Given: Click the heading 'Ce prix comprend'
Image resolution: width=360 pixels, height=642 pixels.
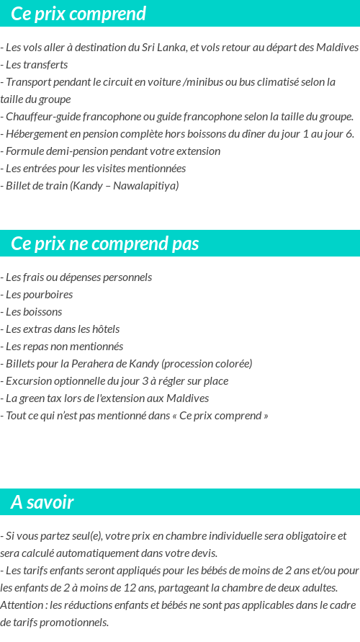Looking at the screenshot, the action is (78, 14).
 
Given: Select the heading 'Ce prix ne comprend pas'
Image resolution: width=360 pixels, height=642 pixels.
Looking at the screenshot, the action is (104, 244).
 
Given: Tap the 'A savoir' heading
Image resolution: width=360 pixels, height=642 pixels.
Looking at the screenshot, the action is (42, 502).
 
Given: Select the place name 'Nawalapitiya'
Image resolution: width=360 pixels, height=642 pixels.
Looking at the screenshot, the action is (145, 186).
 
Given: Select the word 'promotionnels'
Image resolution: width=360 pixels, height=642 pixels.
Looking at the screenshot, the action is (76, 623).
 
